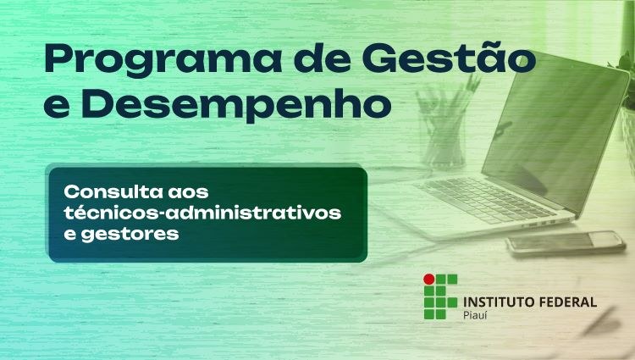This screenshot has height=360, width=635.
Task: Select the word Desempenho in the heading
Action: tap(237, 105)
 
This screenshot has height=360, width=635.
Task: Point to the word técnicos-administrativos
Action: tap(202, 213)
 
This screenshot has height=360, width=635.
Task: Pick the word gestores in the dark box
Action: tap(130, 235)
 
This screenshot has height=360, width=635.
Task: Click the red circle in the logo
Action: tap(429, 279)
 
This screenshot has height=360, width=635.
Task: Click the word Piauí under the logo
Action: tap(475, 314)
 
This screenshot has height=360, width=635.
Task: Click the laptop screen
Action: tap(555, 134)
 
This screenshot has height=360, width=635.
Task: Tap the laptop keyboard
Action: tap(486, 199)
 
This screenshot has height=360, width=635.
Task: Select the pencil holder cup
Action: tap(444, 138)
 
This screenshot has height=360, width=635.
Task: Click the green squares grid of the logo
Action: tap(440, 296)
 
